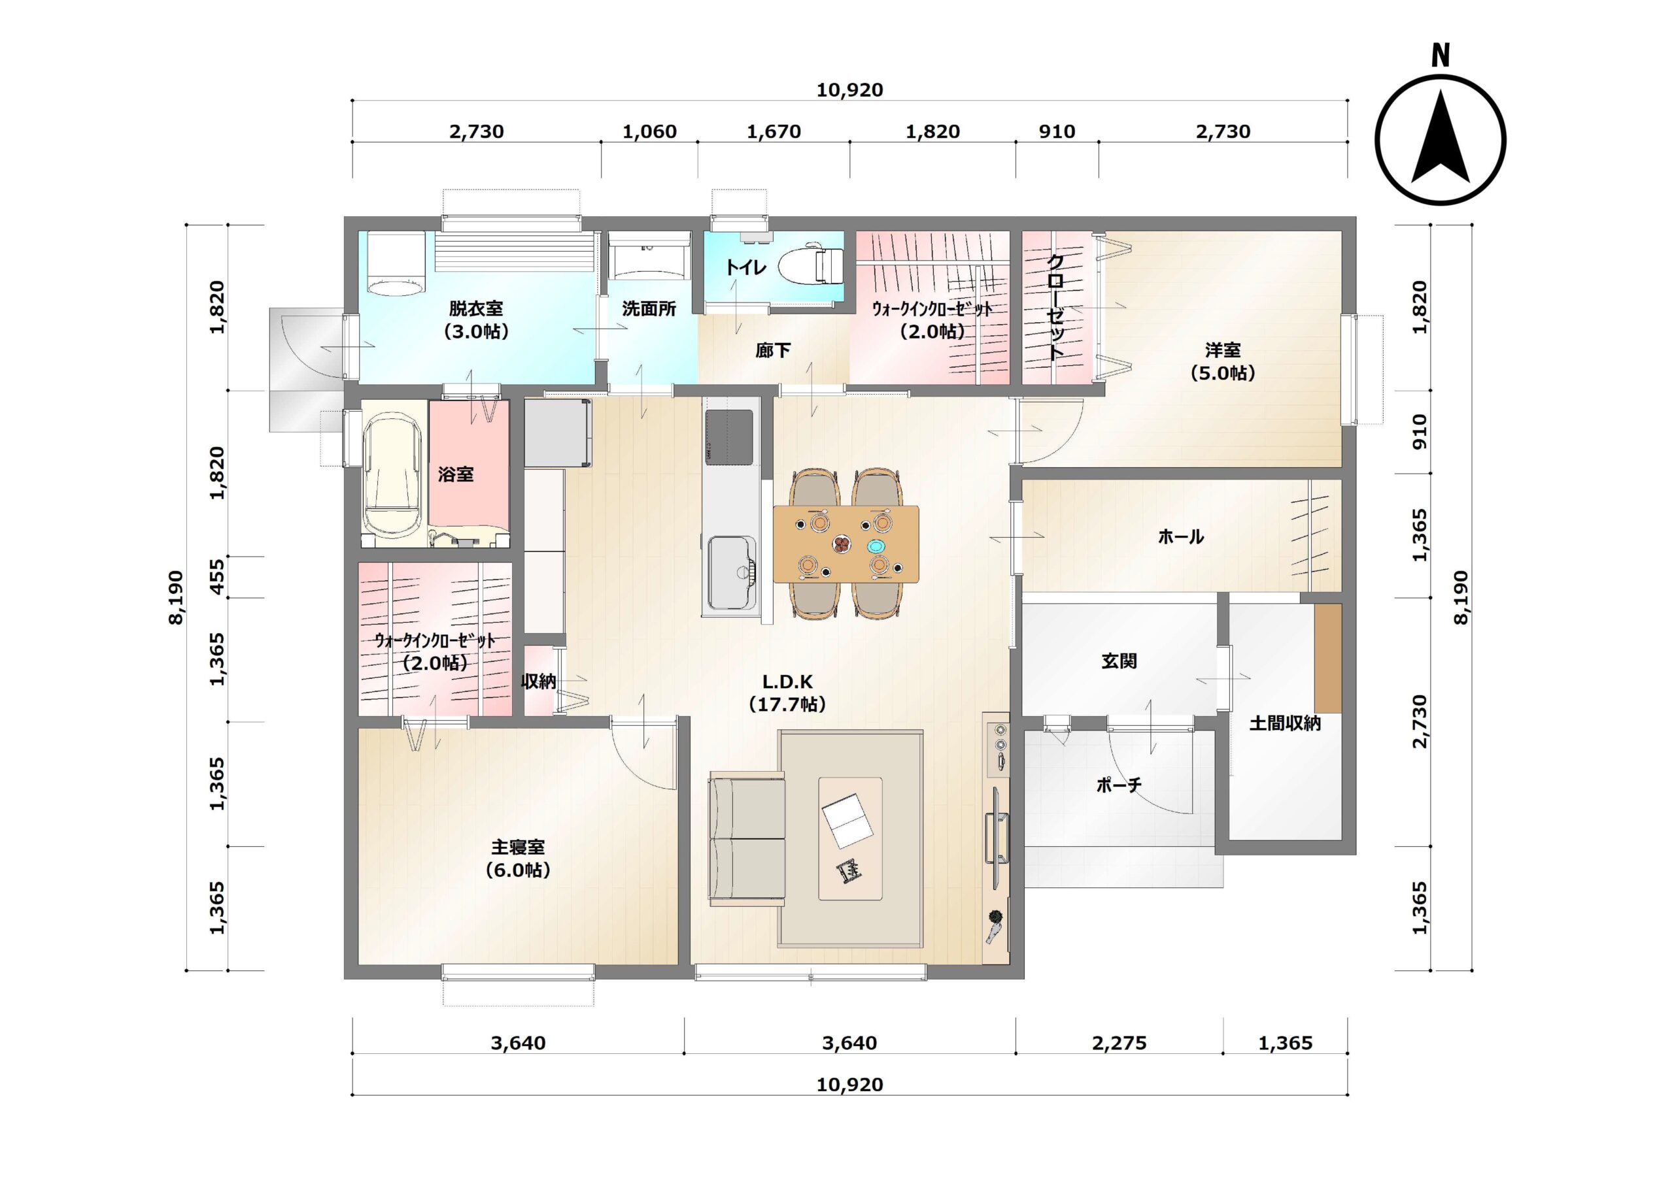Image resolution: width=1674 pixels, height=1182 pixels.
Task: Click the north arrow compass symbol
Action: [1440, 139]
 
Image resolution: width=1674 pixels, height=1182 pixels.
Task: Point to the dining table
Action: [846, 544]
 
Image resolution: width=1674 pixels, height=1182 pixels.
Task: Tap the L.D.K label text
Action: [787, 682]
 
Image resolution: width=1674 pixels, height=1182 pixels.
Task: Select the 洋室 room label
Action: [1223, 350]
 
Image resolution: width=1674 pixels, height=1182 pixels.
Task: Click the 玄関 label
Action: [1119, 662]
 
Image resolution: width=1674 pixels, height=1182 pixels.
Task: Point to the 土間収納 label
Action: [1286, 723]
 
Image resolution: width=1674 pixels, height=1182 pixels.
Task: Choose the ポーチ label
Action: [1118, 785]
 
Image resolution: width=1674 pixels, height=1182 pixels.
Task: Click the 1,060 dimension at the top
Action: [649, 132]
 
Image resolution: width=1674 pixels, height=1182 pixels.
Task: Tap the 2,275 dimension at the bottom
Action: [1119, 1043]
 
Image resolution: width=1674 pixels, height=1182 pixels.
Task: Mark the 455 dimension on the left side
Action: [217, 577]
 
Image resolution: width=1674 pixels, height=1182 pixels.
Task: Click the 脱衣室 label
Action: [476, 308]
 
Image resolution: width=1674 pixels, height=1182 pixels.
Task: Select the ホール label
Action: [1181, 537]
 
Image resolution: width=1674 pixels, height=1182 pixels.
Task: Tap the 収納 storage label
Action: [539, 681]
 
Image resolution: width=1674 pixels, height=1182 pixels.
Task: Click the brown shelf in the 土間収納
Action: [1327, 658]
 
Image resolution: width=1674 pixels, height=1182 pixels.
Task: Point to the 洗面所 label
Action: [649, 309]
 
